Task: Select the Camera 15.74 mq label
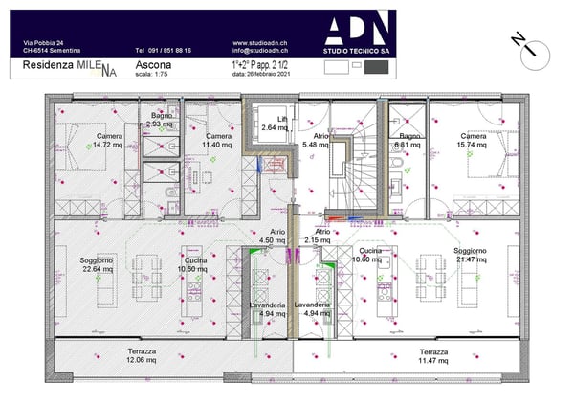472,141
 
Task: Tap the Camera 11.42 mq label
218,141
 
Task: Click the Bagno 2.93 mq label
161,121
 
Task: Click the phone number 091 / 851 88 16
163,51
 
